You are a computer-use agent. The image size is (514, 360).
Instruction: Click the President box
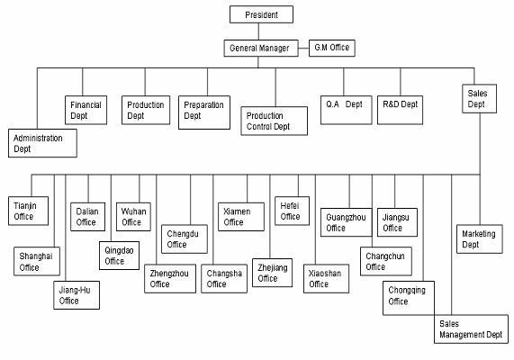point(261,14)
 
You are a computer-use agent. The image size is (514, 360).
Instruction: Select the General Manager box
point(261,49)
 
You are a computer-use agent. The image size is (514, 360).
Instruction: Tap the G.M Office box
point(332,48)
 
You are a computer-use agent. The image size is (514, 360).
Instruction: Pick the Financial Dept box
point(86,110)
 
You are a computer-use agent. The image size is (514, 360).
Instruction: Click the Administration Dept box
point(42,143)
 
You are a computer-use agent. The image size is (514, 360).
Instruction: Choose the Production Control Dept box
point(274,121)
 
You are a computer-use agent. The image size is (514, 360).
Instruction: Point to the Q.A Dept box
point(347,110)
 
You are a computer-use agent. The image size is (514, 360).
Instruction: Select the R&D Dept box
point(400,110)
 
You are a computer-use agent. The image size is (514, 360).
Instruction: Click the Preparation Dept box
point(204,112)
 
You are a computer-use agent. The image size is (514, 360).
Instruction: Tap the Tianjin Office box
point(28,211)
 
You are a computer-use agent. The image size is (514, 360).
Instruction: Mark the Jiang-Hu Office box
point(77,295)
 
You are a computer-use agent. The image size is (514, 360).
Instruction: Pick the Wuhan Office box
point(133,217)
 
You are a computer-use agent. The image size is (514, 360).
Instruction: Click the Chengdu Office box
point(185,239)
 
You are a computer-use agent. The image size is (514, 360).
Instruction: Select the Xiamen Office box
point(241,217)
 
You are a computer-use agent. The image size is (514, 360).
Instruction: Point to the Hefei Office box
point(292,211)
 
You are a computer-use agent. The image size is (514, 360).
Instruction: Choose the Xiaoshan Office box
point(326,278)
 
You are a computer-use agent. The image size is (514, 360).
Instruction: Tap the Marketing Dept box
point(480,239)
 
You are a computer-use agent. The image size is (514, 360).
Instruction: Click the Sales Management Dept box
point(471,328)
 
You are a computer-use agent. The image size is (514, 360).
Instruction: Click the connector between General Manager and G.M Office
point(303,49)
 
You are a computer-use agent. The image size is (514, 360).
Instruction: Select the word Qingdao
point(119,251)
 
